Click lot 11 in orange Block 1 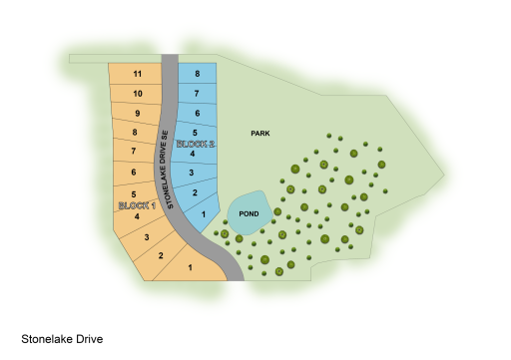pyautogui.click(x=138, y=75)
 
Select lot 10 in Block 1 pyautogui.click(x=138, y=94)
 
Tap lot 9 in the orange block pyautogui.click(x=136, y=114)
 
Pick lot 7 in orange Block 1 pyautogui.click(x=134, y=152)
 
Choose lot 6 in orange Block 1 pyautogui.click(x=134, y=173)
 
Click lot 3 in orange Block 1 pyautogui.click(x=147, y=236)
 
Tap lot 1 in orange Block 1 pyautogui.click(x=190, y=267)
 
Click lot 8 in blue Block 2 pyautogui.click(x=198, y=74)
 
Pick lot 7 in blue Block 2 pyautogui.click(x=198, y=94)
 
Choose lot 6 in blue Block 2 pyautogui.click(x=198, y=114)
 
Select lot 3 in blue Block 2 pyautogui.click(x=191, y=173)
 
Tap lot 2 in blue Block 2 pyautogui.click(x=195, y=192)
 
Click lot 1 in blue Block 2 pyautogui.click(x=204, y=213)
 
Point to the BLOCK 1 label pyautogui.click(x=134, y=204)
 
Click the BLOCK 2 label pyautogui.click(x=195, y=144)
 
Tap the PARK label pyautogui.click(x=261, y=133)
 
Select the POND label pyautogui.click(x=249, y=213)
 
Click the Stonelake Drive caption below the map pyautogui.click(x=62, y=339)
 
